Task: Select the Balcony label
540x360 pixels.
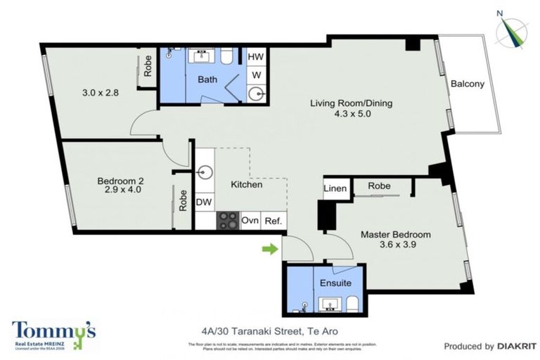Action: coord(468,84)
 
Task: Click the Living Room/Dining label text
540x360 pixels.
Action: coord(351,103)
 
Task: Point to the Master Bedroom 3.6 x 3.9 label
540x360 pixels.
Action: coord(395,234)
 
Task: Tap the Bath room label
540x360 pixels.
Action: coord(207,79)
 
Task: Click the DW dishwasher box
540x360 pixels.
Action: coord(204,202)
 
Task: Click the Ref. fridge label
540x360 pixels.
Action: coord(273,220)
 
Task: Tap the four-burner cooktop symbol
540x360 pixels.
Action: coord(228,220)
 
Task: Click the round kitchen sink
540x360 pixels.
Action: coord(205,171)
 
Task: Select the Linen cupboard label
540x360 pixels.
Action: coord(335,188)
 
